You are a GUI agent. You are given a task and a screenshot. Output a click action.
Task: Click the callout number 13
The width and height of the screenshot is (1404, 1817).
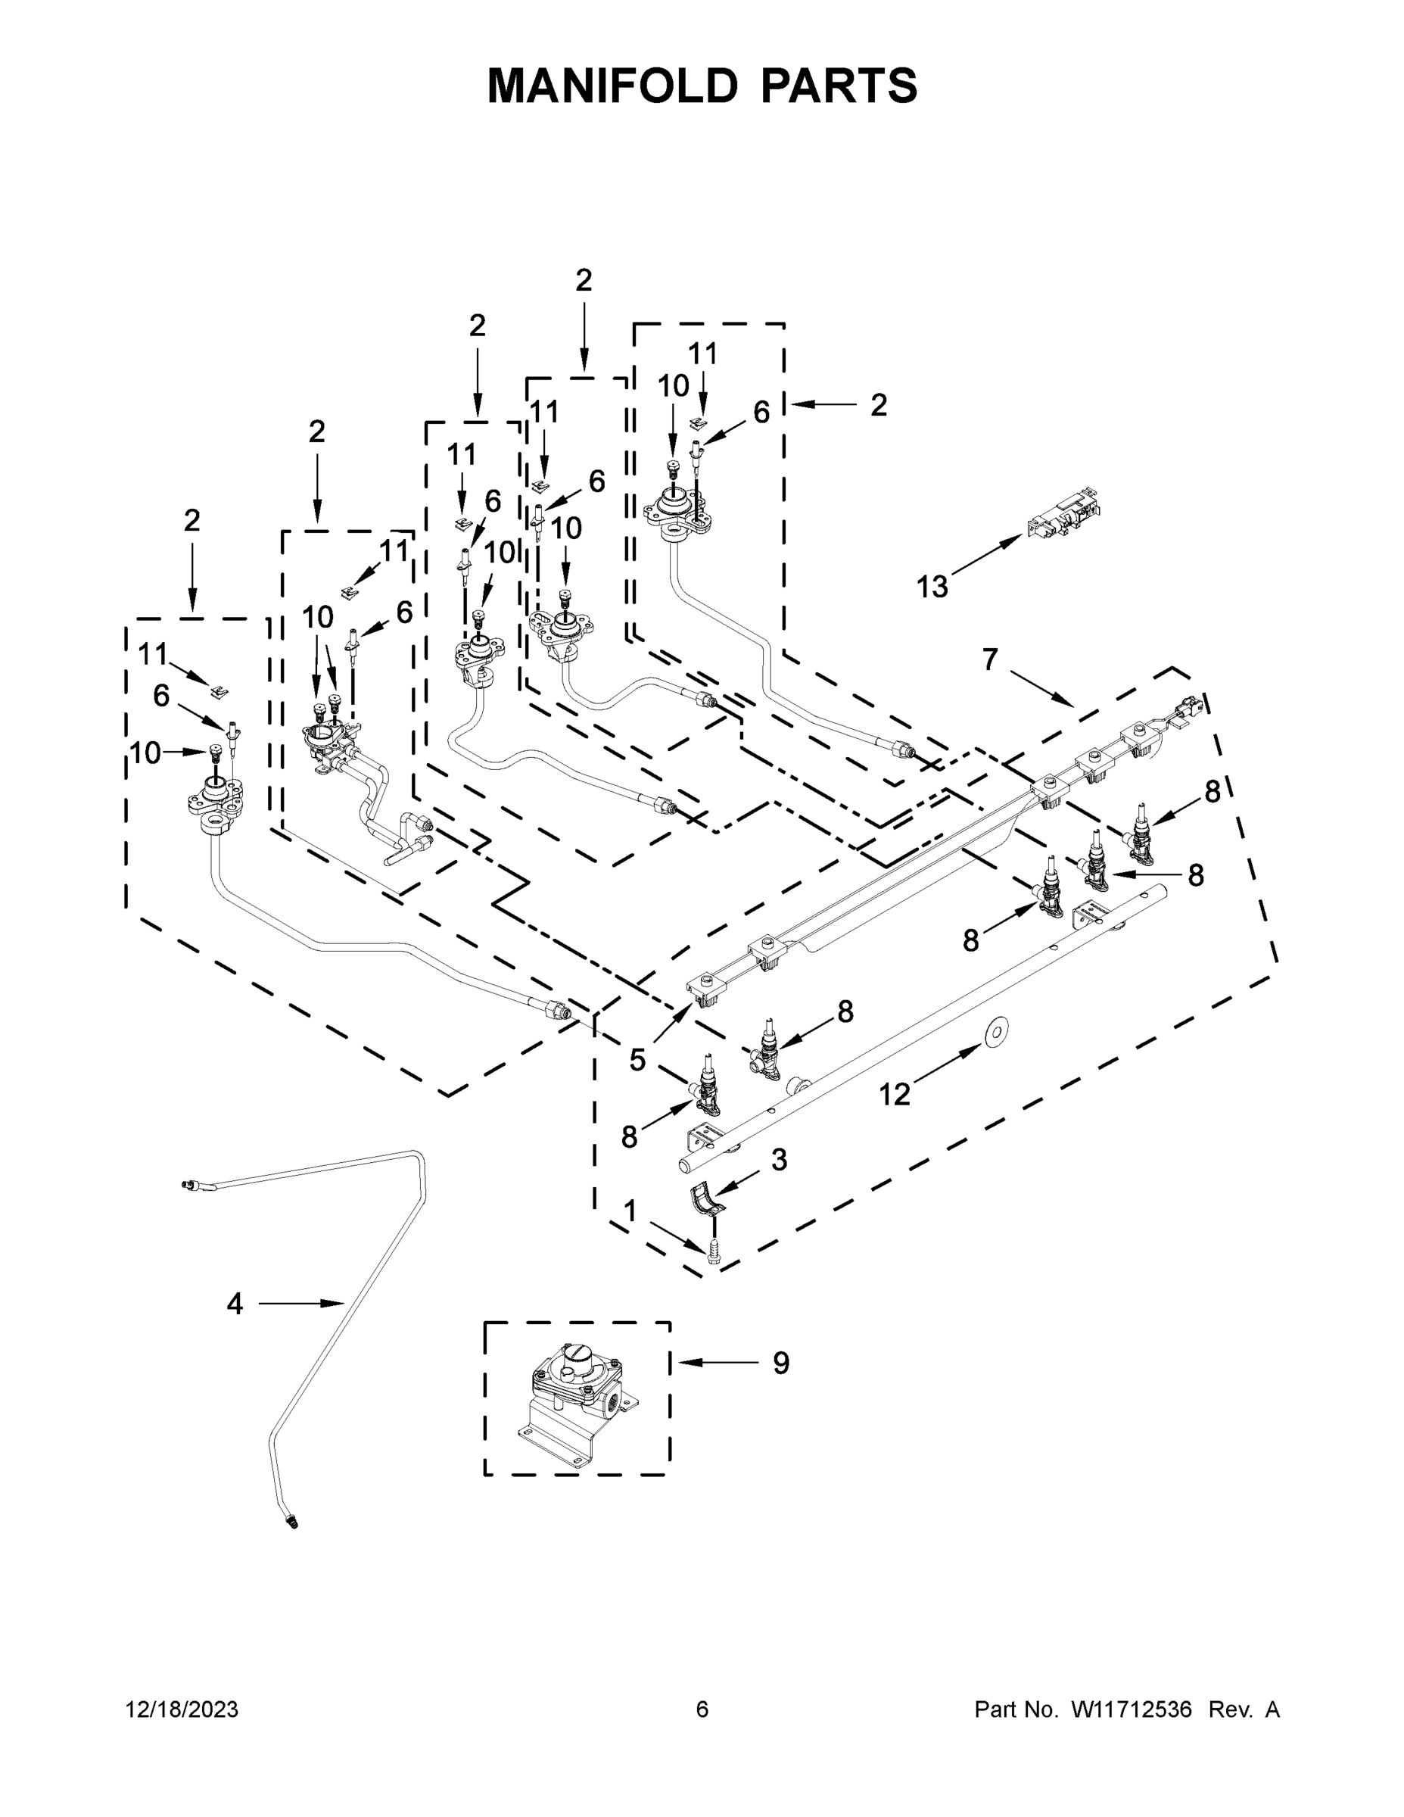coord(932,587)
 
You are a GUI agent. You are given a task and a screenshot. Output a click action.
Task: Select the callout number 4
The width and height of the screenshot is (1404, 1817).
coord(235,1304)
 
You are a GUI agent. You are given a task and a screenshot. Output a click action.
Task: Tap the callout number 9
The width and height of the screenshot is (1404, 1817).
coord(780,1363)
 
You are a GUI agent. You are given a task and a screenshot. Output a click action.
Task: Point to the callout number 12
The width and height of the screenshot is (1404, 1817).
coord(894,1095)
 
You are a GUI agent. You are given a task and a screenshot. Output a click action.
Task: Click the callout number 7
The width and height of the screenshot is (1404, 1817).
coord(989,659)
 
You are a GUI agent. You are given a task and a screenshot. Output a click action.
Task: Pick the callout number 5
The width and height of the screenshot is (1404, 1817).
coord(637,1060)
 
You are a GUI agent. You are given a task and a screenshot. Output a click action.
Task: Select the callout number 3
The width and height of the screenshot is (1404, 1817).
coord(779,1160)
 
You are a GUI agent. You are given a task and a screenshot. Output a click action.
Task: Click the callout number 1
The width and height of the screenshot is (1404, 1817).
coord(630,1211)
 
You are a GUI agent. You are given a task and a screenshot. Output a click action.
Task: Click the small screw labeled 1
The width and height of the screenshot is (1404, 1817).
coord(712,1253)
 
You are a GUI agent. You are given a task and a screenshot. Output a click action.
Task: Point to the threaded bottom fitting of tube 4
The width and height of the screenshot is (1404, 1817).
coord(291,1522)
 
